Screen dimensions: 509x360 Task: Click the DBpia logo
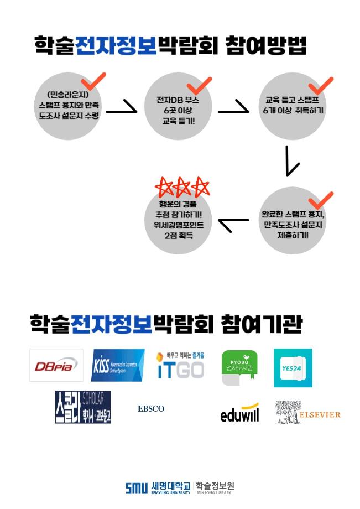coord(56,365)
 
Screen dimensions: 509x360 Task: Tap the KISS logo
coord(118,365)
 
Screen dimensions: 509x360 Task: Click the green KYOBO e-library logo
coord(239,367)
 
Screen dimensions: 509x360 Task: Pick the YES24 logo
coord(293,368)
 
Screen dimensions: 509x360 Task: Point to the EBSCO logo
coord(151,409)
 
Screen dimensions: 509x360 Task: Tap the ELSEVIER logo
coord(307,413)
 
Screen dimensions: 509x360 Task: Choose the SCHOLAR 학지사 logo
coord(83,407)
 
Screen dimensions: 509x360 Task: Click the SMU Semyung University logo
coord(158,487)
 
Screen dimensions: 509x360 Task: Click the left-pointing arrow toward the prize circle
coord(233,224)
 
